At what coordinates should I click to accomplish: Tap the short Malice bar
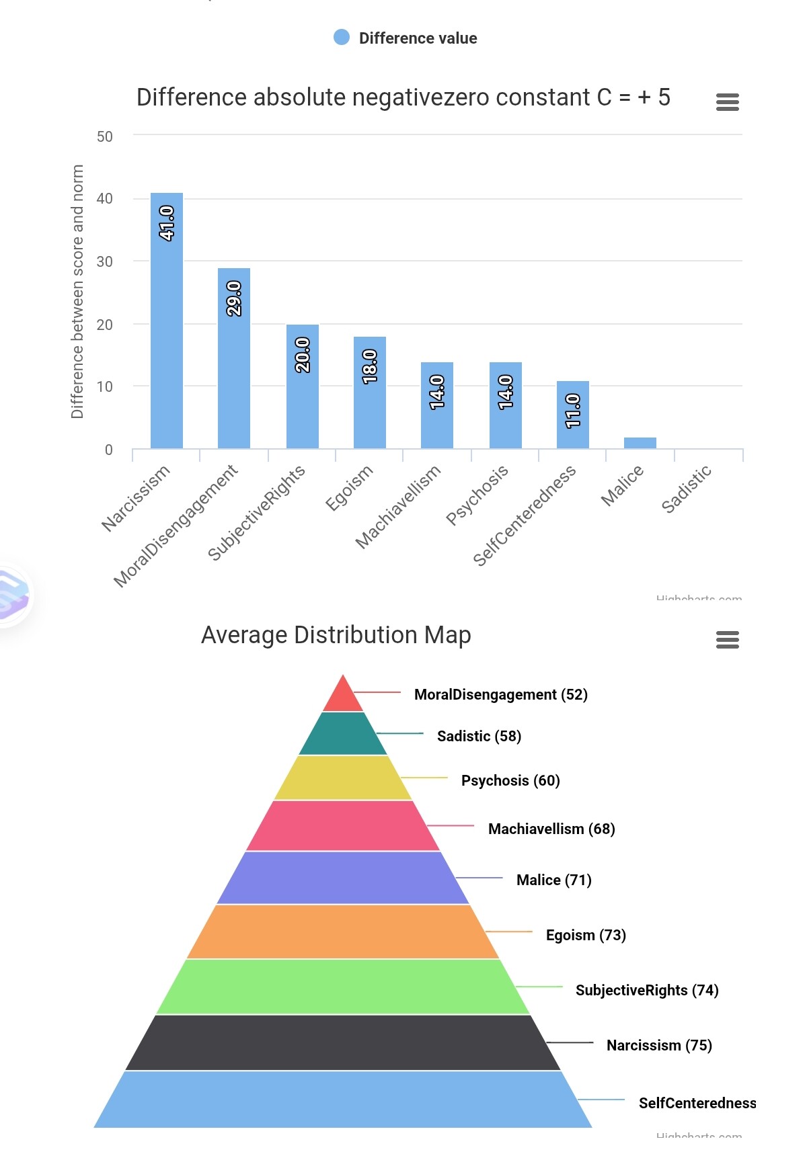coord(640,443)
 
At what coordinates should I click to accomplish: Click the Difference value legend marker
coord(342,38)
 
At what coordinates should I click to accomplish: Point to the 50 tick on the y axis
coord(105,136)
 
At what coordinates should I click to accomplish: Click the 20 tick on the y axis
coord(105,325)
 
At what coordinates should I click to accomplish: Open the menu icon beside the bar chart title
coord(728,102)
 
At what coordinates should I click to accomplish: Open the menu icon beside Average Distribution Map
coord(728,640)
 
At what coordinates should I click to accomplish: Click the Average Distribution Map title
coord(336,635)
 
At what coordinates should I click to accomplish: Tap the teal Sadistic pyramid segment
coord(343,734)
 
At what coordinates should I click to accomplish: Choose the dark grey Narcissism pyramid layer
coord(343,1042)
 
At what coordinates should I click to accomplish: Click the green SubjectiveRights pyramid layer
coord(343,987)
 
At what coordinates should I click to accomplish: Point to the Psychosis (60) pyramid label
coord(510,780)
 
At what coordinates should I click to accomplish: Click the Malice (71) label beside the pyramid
coord(553,880)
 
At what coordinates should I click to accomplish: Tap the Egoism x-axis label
coord(349,488)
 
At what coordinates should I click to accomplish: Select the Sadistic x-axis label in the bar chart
coord(686,489)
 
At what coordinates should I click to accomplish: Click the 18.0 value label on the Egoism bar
coord(370,366)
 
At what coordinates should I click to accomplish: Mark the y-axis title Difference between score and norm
coord(77,292)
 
